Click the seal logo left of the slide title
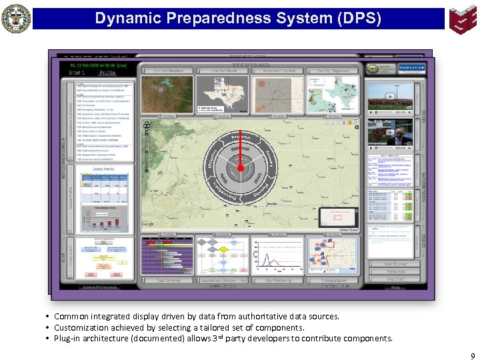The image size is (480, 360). pos(16,18)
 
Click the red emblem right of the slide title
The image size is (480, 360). pos(463,18)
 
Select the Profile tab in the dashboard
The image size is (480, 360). pos(108,73)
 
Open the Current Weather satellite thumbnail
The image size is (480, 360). pos(166,93)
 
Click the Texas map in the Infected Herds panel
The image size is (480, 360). pos(222,93)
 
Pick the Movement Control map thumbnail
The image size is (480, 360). pos(278,93)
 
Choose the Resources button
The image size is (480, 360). pos(395,272)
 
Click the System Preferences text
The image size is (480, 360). pos(99,287)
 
